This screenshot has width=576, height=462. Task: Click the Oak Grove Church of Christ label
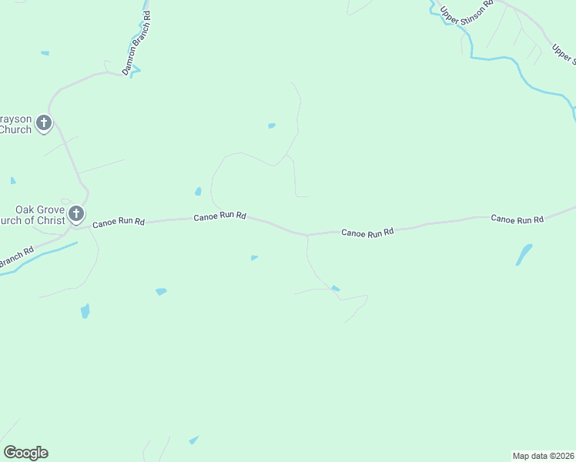pos(35,215)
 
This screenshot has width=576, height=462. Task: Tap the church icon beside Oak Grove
pos(75,213)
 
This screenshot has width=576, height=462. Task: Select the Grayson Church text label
pos(15,124)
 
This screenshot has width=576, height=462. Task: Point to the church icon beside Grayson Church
pos(44,122)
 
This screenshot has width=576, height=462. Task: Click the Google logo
pos(25,453)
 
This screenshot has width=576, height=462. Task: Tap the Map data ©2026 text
pos(543,455)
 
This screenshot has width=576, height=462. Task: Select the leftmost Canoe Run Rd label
pos(118,223)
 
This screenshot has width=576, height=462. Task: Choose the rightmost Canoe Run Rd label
pos(517,219)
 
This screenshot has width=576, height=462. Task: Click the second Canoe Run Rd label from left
pos(219,216)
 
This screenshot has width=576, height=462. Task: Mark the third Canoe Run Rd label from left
pos(367,231)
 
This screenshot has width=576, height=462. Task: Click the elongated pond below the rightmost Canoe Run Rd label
pos(524,254)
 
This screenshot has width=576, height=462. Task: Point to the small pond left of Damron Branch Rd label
pos(45,53)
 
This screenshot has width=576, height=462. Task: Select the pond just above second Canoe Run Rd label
pos(198,191)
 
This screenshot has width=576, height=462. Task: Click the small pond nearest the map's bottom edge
pos(193,440)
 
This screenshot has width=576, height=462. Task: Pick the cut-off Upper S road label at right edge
pos(563,53)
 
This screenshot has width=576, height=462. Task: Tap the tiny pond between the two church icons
pos(13,180)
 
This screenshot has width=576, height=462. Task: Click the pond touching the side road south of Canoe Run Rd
pos(335,289)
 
